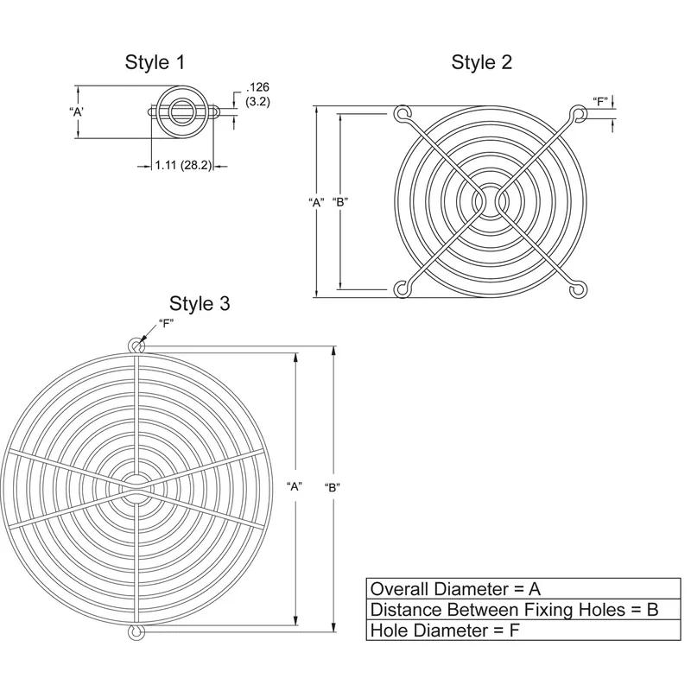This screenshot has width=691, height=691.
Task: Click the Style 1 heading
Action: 155,62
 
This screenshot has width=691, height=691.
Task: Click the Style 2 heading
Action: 481,62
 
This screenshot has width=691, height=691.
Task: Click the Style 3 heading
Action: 200,303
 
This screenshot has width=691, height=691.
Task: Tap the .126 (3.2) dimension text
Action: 257,94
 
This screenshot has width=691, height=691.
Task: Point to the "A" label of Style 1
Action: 76,112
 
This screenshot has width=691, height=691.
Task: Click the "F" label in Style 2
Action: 601,101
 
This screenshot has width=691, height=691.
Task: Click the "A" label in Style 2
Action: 316,202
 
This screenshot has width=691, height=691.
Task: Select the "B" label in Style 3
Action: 332,486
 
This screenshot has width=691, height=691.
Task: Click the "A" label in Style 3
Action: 294,486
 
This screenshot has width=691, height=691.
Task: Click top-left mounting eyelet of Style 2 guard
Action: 402,114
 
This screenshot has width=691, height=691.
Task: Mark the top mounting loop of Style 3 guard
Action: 136,345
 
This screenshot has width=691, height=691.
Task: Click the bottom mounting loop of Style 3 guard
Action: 136,632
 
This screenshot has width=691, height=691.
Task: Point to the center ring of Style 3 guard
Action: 136,488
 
